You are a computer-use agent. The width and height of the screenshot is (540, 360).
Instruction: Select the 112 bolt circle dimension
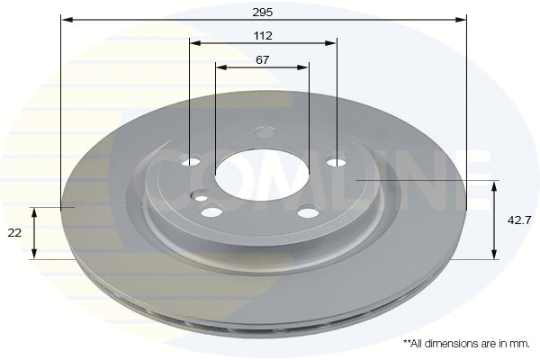pos(263,35)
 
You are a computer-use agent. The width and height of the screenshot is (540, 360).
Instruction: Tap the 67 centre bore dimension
pos(262,59)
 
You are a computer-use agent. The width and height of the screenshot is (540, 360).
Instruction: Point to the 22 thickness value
pos(14,233)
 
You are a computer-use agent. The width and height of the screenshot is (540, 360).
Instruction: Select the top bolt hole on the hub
pos(264,131)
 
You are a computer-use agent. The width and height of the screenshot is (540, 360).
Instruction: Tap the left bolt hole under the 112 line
pos(191,162)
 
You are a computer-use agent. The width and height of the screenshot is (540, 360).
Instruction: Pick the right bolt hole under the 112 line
pos(336,162)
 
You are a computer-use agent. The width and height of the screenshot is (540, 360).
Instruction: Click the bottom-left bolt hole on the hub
pos(212,211)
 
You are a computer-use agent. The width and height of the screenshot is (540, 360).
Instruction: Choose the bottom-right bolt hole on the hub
pos(308,212)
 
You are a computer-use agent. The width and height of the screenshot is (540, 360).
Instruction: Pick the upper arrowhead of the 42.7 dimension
pos(494,185)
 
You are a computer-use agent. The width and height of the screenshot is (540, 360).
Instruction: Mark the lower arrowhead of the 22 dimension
pos(34,254)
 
